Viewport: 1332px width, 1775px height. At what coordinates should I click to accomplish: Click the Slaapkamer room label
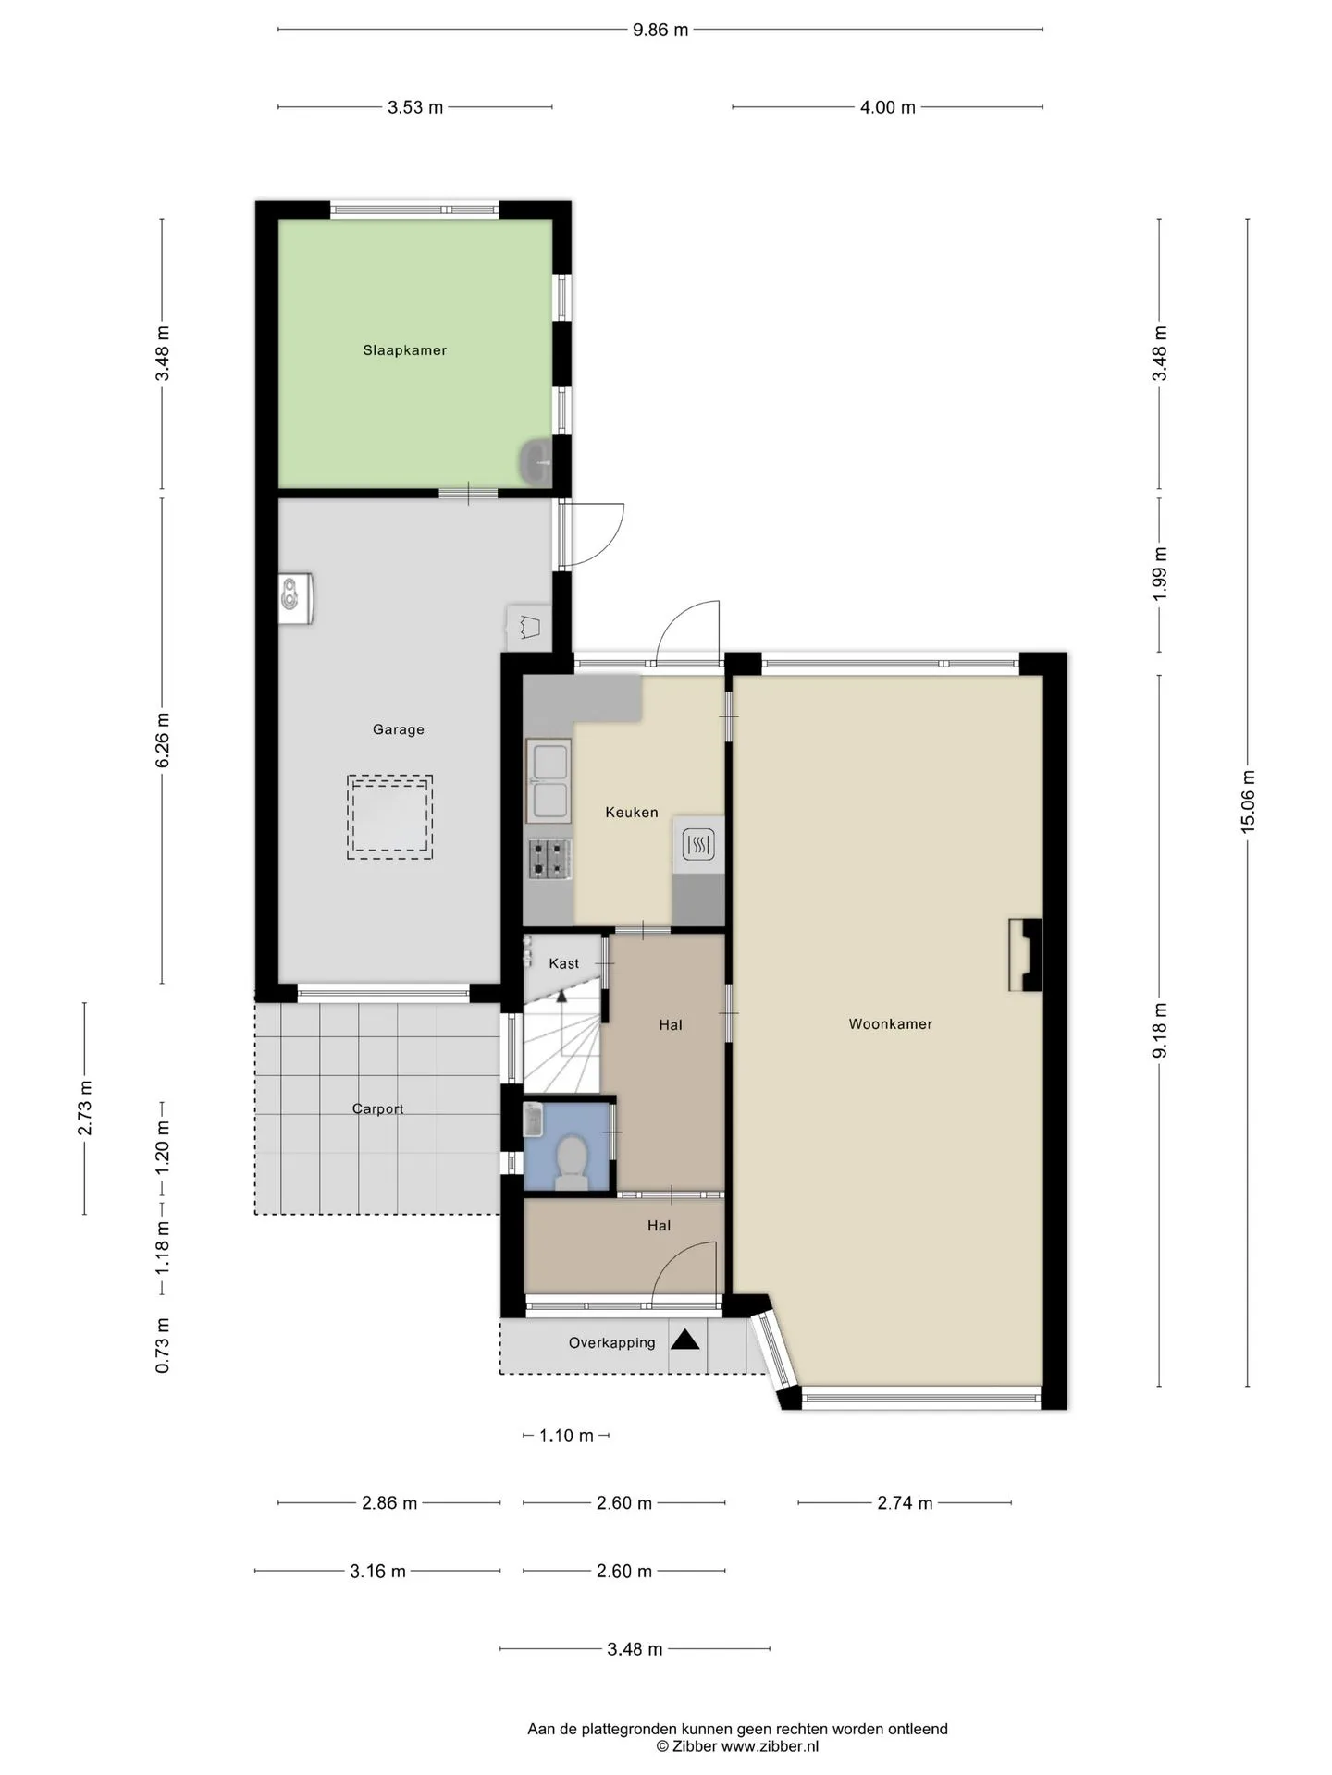point(404,350)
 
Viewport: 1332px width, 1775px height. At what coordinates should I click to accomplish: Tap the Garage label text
point(399,729)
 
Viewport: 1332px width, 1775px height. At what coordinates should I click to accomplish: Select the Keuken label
point(632,813)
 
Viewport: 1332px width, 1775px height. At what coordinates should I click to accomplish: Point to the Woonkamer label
point(891,1024)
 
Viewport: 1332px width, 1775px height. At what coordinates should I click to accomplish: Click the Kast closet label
point(564,963)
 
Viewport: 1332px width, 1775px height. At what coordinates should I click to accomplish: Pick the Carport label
point(378,1109)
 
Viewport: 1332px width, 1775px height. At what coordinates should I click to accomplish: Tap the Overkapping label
point(612,1343)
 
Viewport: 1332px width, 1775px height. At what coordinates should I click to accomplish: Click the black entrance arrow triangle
point(684,1340)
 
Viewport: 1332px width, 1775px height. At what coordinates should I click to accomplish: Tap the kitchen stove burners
point(550,859)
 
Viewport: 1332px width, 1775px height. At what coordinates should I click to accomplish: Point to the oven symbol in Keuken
point(698,844)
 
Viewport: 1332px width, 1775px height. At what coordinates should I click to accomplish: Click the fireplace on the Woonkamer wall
point(1025,955)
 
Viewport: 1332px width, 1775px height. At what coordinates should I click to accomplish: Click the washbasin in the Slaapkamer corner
point(536,462)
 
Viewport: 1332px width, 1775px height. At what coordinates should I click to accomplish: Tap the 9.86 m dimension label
point(660,30)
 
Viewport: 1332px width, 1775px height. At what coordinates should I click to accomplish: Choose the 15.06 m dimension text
point(1248,802)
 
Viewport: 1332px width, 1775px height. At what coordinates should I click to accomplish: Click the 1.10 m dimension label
point(566,1436)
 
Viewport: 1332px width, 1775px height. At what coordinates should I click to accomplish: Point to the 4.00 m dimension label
point(888,107)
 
